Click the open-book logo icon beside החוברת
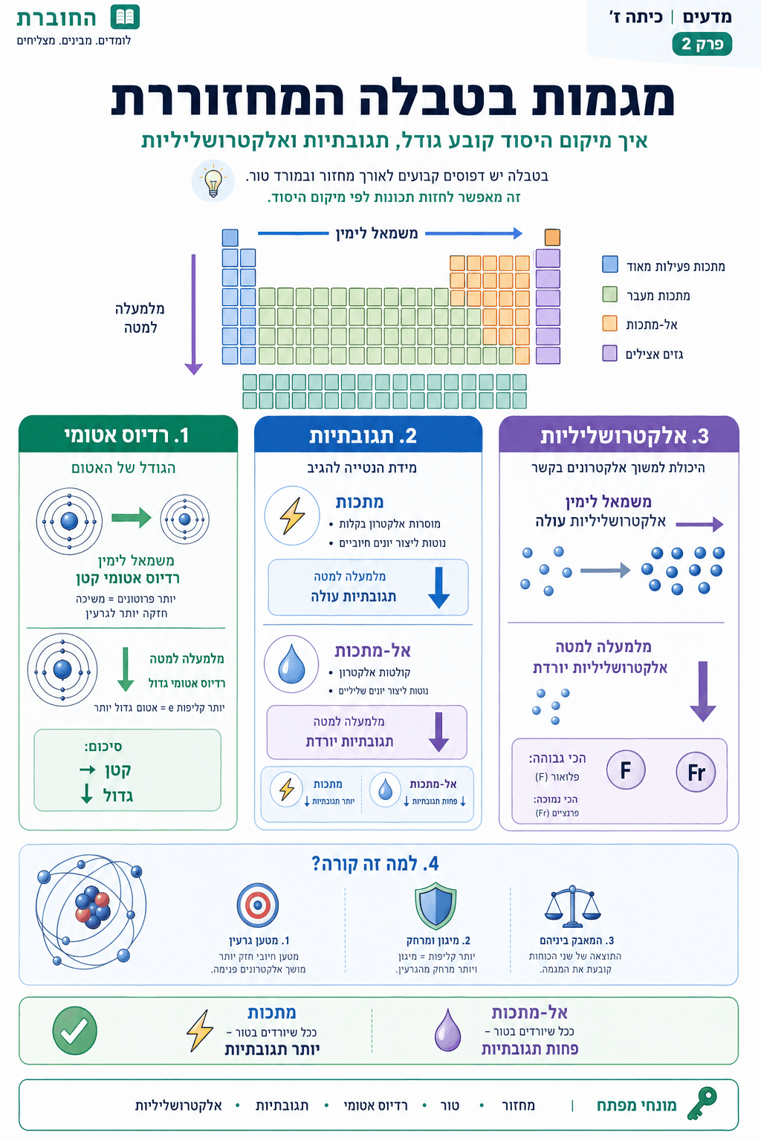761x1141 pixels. [125, 17]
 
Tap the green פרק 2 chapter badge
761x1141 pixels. [702, 44]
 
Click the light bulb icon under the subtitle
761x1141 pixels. [213, 181]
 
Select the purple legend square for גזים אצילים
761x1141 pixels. [609, 354]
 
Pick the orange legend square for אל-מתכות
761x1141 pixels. [609, 324]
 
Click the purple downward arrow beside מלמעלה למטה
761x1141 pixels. [194, 315]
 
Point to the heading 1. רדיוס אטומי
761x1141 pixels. [127, 435]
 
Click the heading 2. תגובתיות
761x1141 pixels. [363, 436]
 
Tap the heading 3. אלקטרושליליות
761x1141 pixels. [624, 437]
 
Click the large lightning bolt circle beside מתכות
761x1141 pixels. [292, 516]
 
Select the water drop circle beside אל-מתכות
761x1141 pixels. [291, 664]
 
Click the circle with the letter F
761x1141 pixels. [626, 770]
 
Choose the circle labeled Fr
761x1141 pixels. [696, 773]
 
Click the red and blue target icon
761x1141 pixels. [258, 906]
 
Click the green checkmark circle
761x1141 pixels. [75, 1030]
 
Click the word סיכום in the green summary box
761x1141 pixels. [103, 747]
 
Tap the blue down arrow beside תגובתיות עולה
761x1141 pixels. [439, 588]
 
